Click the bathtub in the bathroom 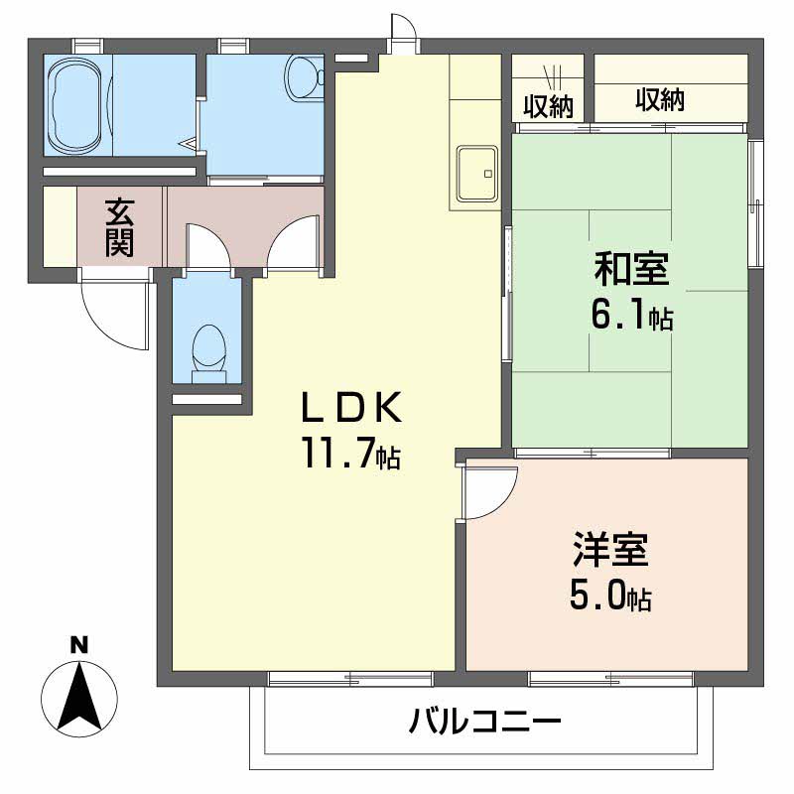point(77,103)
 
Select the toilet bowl point(207,349)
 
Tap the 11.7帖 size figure point(352,456)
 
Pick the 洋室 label point(609,551)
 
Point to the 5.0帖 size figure point(609,596)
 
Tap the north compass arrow point(79,699)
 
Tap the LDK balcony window point(350,680)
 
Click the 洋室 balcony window point(610,680)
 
